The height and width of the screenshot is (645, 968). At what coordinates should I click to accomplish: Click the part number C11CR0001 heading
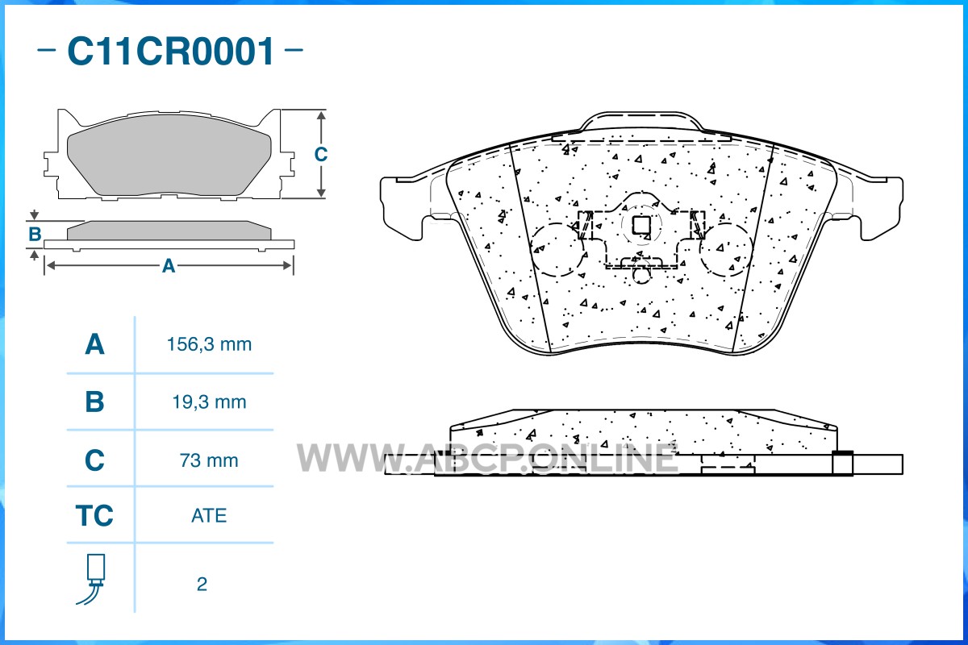[x=171, y=51]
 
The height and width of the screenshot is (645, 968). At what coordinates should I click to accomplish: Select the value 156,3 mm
[x=209, y=344]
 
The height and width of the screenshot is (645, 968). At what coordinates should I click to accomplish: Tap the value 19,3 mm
[x=209, y=402]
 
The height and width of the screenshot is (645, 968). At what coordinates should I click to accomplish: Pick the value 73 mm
[x=209, y=460]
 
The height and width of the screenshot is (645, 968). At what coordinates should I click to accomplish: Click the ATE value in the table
[x=209, y=515]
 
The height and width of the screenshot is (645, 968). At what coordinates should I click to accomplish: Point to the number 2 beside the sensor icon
[x=202, y=584]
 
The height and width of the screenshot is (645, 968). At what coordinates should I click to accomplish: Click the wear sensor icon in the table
[x=93, y=579]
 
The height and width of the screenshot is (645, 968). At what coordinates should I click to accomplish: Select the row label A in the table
[x=94, y=344]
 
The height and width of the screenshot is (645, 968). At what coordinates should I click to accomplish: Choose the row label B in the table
[x=94, y=402]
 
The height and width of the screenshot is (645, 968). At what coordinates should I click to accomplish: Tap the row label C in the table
[x=94, y=460]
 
